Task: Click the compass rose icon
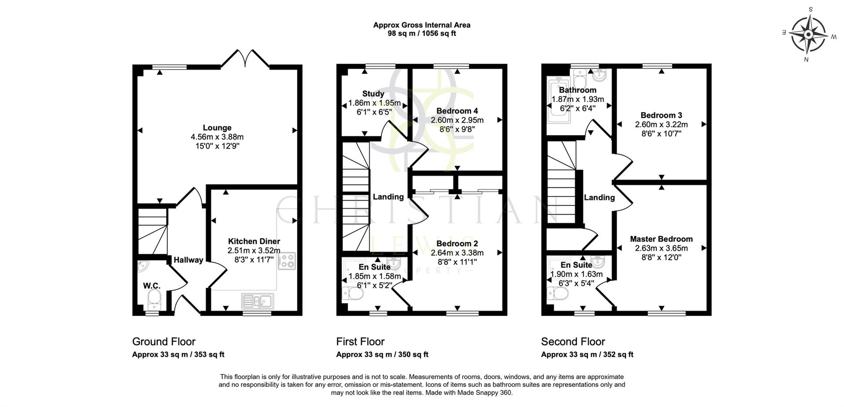coord(808,34)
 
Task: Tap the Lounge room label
coord(217,128)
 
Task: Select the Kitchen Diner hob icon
coord(287,261)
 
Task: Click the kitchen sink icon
coord(258,301)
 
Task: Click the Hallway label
coord(188,260)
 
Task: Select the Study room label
coord(373,94)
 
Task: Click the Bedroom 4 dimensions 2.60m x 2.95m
coord(457,120)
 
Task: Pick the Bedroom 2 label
coord(457,243)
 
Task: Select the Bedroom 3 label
coord(661,115)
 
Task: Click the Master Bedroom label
coord(661,239)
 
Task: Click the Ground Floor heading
coord(164,341)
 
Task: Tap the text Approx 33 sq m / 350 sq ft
coord(382,355)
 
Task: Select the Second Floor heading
coord(573,341)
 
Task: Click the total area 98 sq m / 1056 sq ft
coord(422,33)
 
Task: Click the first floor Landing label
coord(388,197)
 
